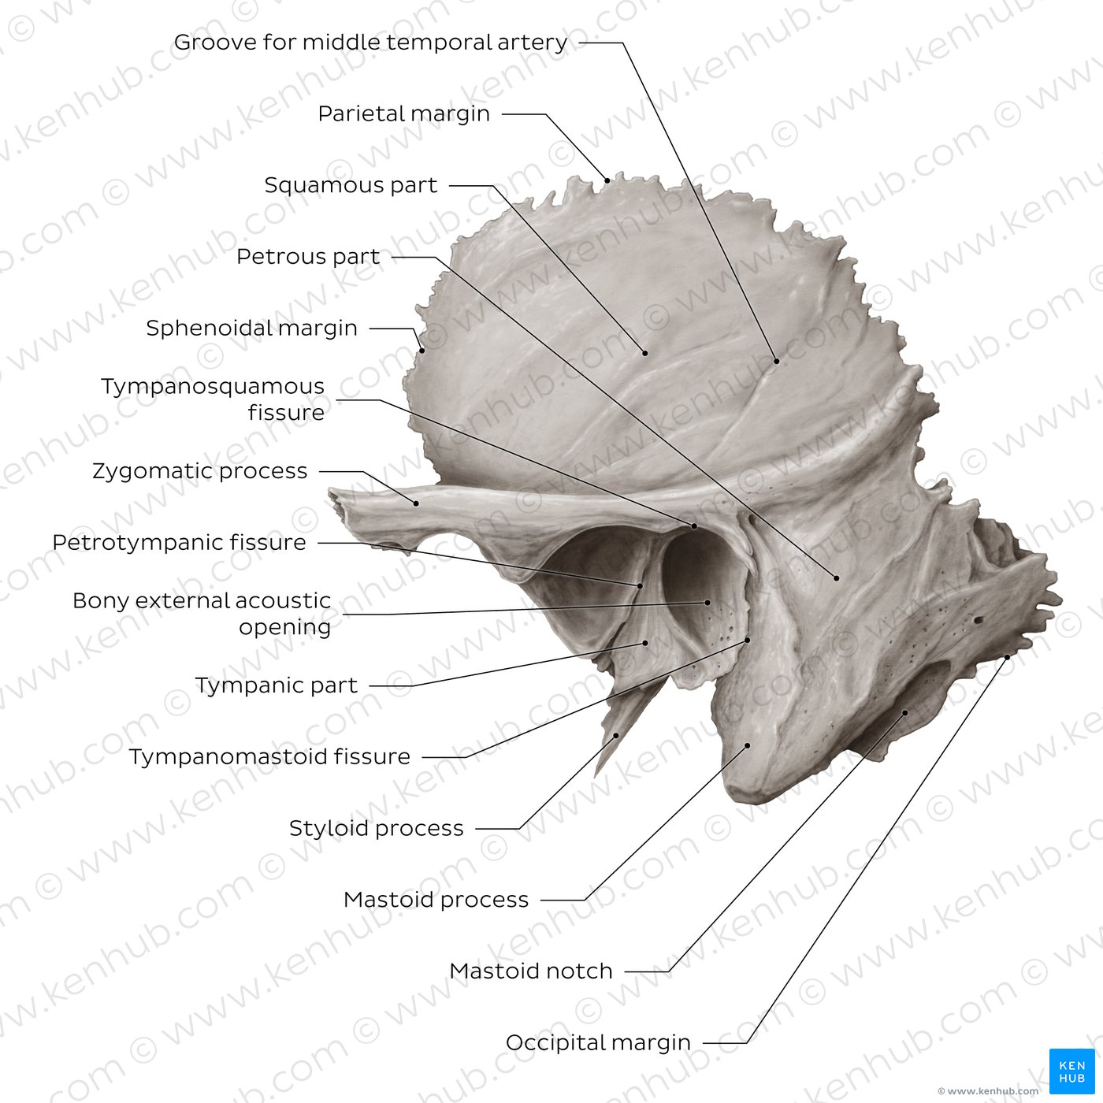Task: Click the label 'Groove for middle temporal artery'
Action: point(370,43)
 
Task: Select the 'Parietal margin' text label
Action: point(403,114)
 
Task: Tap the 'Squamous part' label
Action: point(351,185)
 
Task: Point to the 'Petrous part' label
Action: point(308,257)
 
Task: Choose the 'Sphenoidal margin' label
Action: point(252,329)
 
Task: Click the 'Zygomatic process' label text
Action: point(200,471)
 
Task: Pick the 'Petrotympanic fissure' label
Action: point(179,543)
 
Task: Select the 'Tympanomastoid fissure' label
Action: point(269,756)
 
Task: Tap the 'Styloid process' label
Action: point(376,828)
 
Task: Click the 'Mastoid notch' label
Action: point(530,971)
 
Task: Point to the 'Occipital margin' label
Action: point(598,1043)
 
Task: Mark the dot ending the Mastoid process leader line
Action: point(747,746)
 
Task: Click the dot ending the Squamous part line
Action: point(645,353)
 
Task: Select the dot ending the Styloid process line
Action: point(616,736)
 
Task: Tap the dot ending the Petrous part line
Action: point(836,578)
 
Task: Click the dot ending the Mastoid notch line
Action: point(905,713)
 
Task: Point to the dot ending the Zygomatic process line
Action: point(416,503)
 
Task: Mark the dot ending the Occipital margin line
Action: point(1007,658)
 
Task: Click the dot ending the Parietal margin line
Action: point(607,180)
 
